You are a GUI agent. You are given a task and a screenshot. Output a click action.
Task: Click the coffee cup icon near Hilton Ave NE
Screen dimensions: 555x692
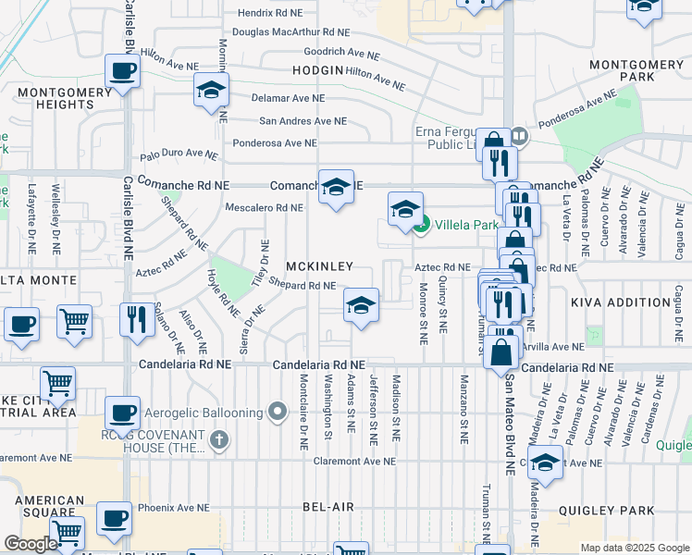pyautogui.click(x=122, y=71)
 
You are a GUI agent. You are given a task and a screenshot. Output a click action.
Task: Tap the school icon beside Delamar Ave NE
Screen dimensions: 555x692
pyautogui.click(x=211, y=91)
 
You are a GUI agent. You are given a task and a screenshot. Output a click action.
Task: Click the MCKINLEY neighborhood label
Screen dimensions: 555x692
pyautogui.click(x=319, y=266)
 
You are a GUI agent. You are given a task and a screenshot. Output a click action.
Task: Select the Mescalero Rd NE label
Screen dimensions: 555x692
pyautogui.click(x=264, y=208)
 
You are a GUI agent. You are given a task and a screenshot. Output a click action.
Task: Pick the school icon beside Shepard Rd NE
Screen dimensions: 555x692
pyautogui.click(x=361, y=305)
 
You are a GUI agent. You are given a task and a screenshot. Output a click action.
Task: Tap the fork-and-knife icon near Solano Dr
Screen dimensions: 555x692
pyautogui.click(x=137, y=320)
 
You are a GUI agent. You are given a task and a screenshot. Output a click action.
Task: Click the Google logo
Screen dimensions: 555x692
pyautogui.click(x=31, y=545)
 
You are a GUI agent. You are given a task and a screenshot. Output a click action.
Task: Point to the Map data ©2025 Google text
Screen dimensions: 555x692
pyautogui.click(x=634, y=548)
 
